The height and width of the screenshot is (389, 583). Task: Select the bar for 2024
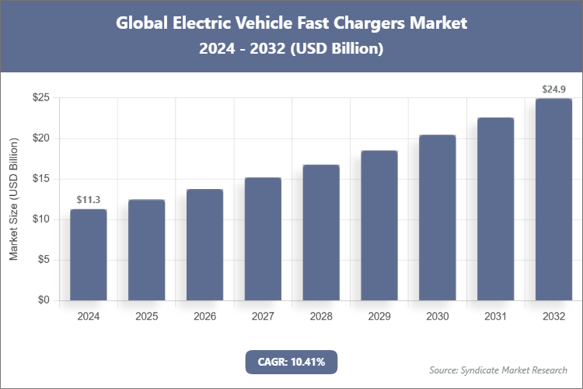(x=88, y=255)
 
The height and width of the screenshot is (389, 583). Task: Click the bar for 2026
(x=204, y=245)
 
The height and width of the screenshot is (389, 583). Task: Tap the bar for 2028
(x=321, y=233)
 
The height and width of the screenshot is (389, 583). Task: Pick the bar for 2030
(x=438, y=218)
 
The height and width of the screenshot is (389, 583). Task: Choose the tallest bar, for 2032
(x=553, y=200)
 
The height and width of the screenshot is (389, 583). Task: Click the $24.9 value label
(x=553, y=90)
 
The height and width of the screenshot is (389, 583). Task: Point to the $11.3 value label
(x=88, y=201)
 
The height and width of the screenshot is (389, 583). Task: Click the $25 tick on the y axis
(x=41, y=98)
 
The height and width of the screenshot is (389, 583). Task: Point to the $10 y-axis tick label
(x=41, y=219)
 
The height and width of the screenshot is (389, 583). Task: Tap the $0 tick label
(x=44, y=300)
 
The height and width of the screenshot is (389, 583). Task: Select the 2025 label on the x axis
(x=146, y=317)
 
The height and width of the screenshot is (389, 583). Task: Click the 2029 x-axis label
(x=379, y=317)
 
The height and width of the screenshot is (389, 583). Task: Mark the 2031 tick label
(x=496, y=317)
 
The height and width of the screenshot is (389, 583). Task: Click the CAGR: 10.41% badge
(x=291, y=362)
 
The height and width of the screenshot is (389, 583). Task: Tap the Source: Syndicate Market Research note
(x=498, y=370)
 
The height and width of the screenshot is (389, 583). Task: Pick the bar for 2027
(x=263, y=239)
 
